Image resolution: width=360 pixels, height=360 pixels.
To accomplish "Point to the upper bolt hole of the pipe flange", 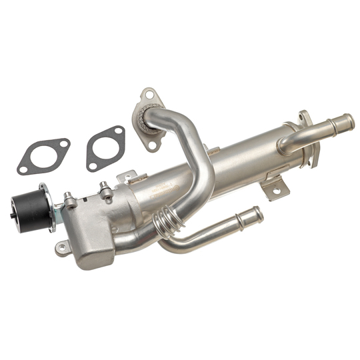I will click(x=149, y=94).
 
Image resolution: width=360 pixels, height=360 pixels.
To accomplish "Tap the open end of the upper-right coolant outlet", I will click(x=348, y=122).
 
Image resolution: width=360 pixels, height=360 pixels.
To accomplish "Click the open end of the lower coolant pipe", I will click(x=258, y=214).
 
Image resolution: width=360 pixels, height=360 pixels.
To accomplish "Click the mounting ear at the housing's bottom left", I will click(x=62, y=248).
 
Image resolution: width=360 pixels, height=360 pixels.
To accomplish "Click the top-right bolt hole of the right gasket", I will click(x=119, y=131).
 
